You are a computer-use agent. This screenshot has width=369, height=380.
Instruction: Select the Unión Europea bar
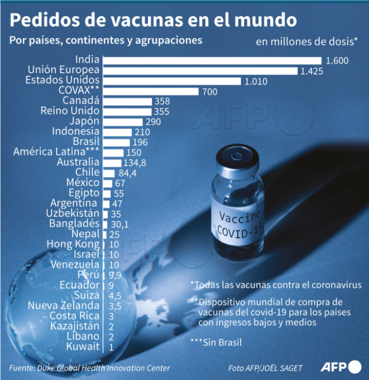[x=200, y=71]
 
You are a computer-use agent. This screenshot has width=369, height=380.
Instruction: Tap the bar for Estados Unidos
[x=172, y=81]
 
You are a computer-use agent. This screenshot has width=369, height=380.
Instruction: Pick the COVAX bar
[x=151, y=91]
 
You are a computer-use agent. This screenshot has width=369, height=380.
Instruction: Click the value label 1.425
[x=311, y=71]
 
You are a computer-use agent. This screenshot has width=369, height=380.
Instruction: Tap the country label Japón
[x=84, y=121]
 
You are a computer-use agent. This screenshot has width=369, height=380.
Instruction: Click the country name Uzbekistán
[x=72, y=214]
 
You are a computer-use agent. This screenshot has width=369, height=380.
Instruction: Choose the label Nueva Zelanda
[x=63, y=306]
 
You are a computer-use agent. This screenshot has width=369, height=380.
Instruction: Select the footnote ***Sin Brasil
[x=216, y=342]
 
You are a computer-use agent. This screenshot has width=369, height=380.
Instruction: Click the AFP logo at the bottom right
[x=340, y=367]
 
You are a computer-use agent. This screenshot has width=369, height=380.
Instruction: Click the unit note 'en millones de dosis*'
[x=306, y=42]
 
